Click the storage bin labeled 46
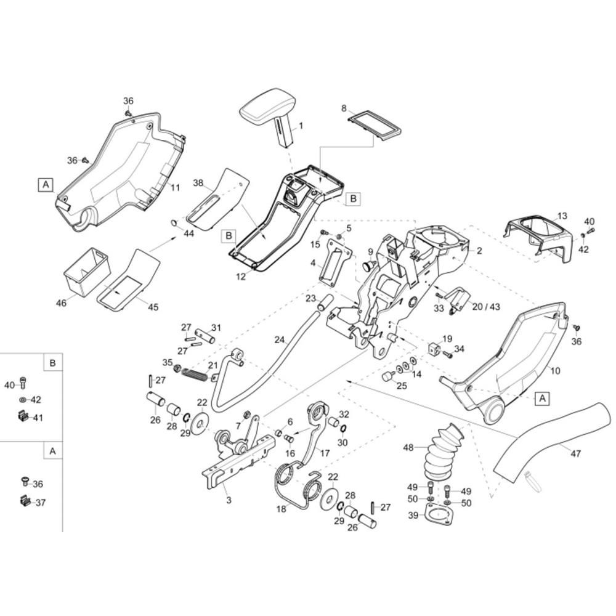(86, 270)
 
